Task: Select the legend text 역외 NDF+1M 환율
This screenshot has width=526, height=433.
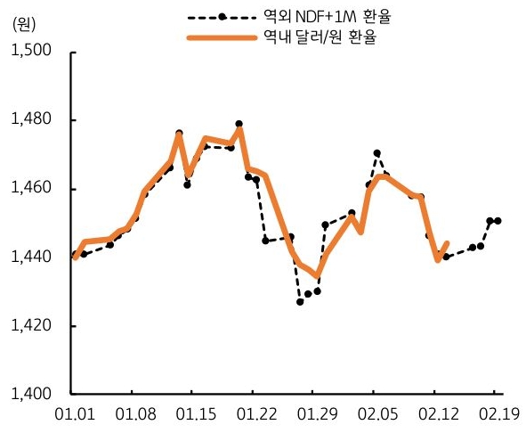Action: (x=309, y=17)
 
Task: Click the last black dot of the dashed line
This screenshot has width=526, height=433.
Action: (x=498, y=220)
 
